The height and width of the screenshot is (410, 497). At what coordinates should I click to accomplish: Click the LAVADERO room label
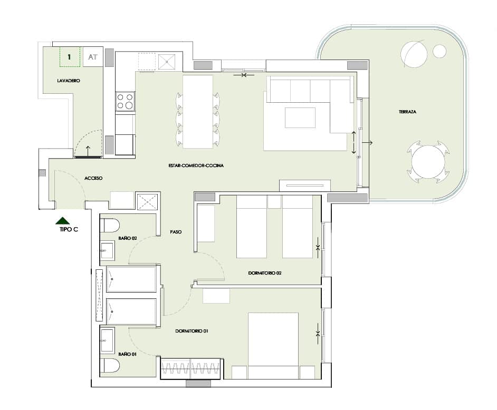pos(68,81)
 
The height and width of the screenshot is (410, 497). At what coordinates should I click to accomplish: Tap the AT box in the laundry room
pos(93,57)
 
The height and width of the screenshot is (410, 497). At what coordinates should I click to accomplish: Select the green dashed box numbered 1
pos(70,56)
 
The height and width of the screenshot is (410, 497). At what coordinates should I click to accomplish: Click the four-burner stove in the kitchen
pos(125,101)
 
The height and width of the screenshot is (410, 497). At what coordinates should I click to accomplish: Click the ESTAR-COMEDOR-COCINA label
pos(196,165)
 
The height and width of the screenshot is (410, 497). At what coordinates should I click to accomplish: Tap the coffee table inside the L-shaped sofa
pos(300,118)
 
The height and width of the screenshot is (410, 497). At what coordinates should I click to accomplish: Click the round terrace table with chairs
pos(427,161)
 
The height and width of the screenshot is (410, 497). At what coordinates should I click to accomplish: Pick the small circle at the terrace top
pos(439,51)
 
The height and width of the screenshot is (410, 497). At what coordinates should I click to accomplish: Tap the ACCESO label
pos(93,178)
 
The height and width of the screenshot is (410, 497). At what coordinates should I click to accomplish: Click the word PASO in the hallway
pos(176,231)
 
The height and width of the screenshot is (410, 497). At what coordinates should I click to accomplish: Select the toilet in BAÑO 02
pos(110,225)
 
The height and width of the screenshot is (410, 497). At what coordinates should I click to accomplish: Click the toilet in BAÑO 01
pos(110,365)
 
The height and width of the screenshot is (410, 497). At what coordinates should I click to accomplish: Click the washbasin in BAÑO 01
pos(107,340)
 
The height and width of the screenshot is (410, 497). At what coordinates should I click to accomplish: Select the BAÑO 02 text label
pos(128,238)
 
